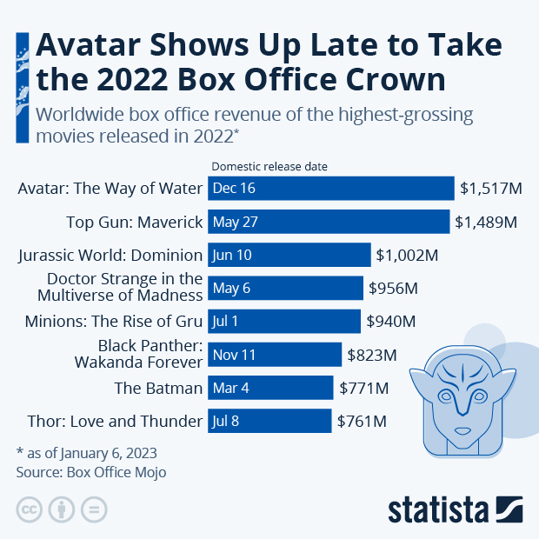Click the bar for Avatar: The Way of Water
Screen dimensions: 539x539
click(x=331, y=189)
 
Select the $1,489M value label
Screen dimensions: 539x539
click(x=486, y=222)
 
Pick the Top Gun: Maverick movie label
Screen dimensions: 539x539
click(x=134, y=222)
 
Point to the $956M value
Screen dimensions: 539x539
click(x=393, y=288)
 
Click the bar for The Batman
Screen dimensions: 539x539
click(x=270, y=388)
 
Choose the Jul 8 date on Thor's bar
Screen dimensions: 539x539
click(x=225, y=422)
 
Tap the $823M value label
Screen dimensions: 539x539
click(x=372, y=355)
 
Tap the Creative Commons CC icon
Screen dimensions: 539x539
click(x=30, y=509)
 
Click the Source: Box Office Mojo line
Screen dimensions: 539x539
click(x=90, y=472)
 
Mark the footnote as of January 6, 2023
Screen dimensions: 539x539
click(x=87, y=453)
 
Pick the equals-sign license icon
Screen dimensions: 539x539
click(x=94, y=509)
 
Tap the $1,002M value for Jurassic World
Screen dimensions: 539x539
click(x=407, y=255)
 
